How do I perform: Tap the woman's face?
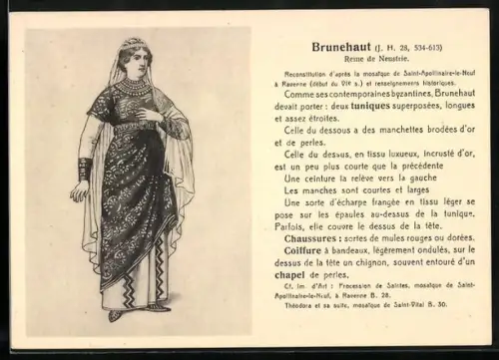point(132,65)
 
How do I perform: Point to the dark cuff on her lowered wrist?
point(86,169)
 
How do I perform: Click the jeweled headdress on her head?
point(131,46)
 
